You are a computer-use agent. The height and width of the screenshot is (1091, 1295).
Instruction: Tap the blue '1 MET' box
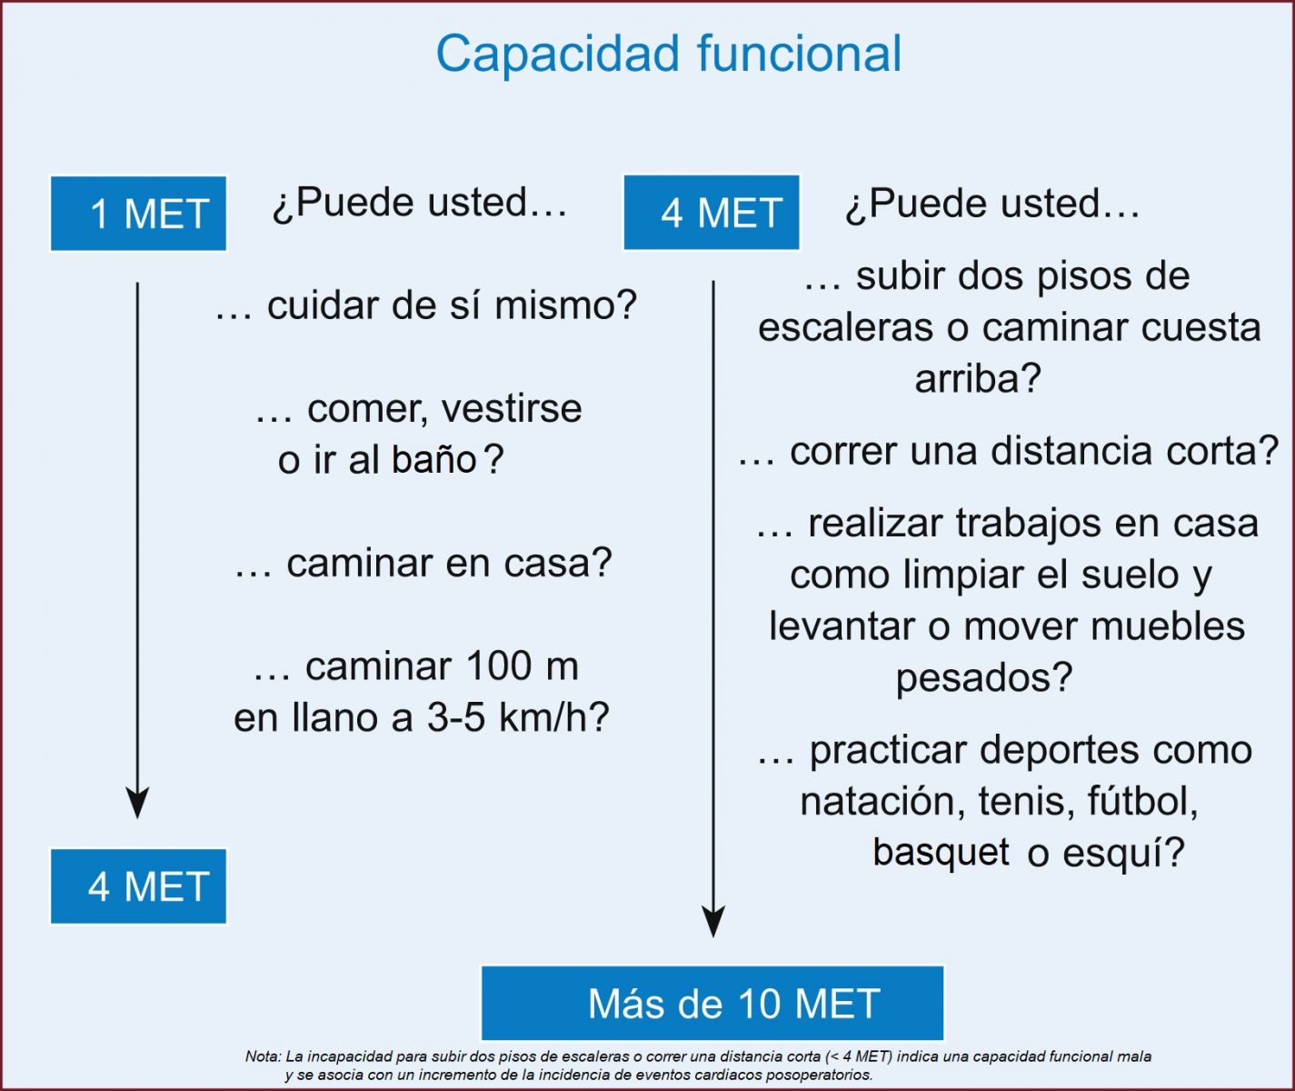pyautogui.click(x=138, y=214)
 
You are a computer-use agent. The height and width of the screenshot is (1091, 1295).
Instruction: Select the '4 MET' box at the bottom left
pyautogui.click(x=138, y=886)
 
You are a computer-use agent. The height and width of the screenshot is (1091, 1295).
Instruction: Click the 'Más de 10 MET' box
pyautogui.click(x=712, y=1003)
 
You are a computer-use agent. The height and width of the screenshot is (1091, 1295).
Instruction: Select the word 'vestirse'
pyautogui.click(x=511, y=409)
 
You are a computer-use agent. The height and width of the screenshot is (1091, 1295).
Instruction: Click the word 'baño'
pyautogui.click(x=434, y=460)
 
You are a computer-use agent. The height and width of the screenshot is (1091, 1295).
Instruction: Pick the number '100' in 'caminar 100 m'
pyautogui.click(x=499, y=666)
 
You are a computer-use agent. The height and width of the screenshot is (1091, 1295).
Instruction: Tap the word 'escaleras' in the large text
pyautogui.click(x=845, y=327)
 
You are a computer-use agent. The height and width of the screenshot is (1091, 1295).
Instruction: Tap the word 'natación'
pyautogui.click(x=882, y=801)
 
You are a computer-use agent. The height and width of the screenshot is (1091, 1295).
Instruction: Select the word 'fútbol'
pyautogui.click(x=1139, y=801)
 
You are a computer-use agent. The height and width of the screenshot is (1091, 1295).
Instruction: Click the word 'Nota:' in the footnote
pyautogui.click(x=264, y=1056)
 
